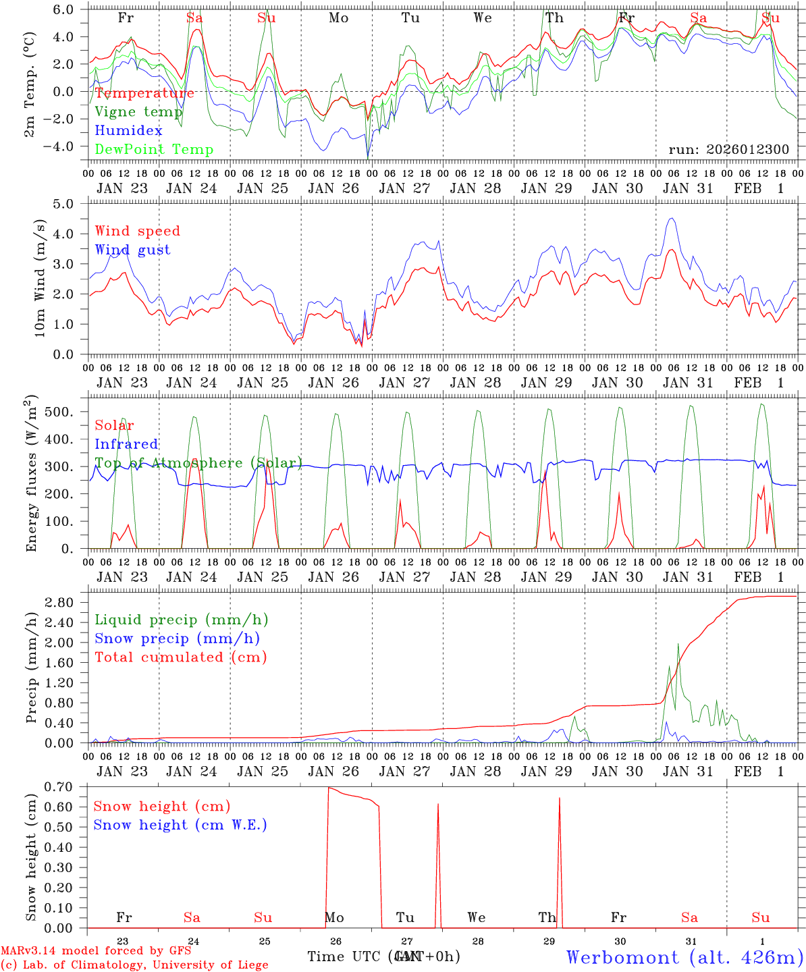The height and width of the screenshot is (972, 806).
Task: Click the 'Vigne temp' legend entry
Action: (x=138, y=112)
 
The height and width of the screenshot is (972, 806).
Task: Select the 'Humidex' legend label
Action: (x=128, y=131)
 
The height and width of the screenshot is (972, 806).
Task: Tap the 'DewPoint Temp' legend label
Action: (x=154, y=150)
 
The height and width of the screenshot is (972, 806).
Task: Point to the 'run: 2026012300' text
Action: (x=728, y=150)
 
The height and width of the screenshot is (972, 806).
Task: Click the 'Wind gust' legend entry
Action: (x=132, y=250)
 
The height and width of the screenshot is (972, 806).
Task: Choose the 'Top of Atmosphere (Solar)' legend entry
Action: (x=198, y=463)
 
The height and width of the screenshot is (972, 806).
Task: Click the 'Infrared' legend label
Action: (x=126, y=444)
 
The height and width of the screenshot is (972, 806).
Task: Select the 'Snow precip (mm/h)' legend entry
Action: (x=177, y=639)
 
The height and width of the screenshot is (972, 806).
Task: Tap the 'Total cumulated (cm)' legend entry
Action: (x=180, y=657)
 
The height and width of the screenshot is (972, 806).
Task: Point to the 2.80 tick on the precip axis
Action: (x=67, y=602)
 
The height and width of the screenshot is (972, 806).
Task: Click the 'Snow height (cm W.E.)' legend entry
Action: (x=180, y=825)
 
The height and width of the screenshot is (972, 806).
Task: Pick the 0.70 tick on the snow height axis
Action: (x=67, y=787)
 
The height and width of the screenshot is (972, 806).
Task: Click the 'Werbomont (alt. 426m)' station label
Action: (x=684, y=957)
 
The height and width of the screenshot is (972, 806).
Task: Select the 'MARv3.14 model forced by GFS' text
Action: (x=96, y=951)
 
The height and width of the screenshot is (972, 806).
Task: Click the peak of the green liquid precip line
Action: (x=678, y=644)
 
